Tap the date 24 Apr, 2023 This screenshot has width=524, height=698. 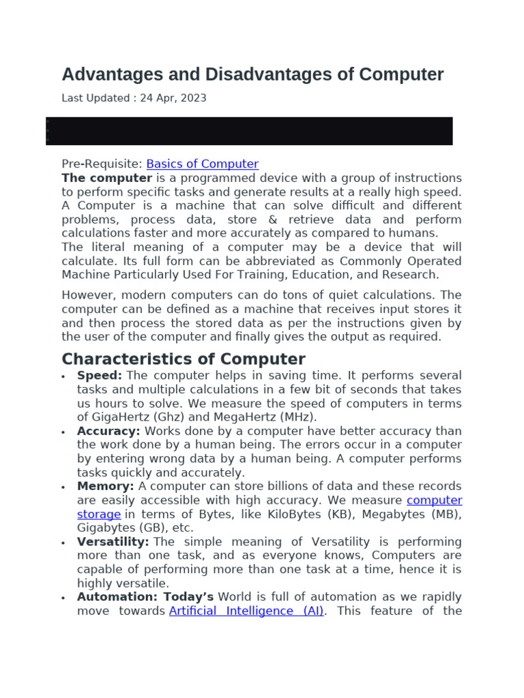point(173,98)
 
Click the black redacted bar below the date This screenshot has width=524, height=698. point(250,131)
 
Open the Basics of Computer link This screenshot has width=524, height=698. point(203,164)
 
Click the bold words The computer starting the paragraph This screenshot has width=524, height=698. point(106,178)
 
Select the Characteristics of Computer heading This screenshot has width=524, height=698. point(184,359)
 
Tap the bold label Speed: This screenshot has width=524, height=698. point(100,376)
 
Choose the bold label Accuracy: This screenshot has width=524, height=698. point(108,431)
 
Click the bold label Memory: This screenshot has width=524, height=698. point(106,487)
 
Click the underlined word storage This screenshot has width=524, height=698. point(99,515)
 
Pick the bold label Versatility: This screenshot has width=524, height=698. point(113,542)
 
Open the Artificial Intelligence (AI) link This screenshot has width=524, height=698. point(246,611)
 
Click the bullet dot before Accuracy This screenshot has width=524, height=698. point(63,432)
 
